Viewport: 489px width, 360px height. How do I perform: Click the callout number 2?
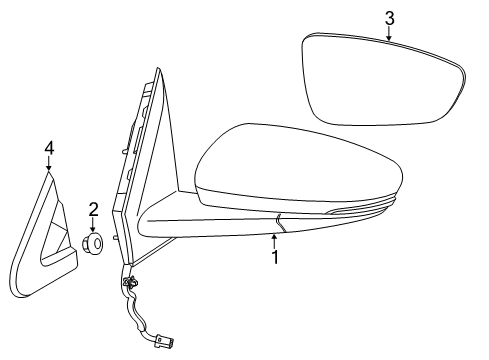92,209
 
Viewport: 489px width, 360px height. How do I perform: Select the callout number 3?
389,17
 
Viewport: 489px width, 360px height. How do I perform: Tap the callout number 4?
48,148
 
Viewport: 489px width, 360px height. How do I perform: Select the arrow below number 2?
92,225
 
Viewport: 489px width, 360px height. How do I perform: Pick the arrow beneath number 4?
48,164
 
